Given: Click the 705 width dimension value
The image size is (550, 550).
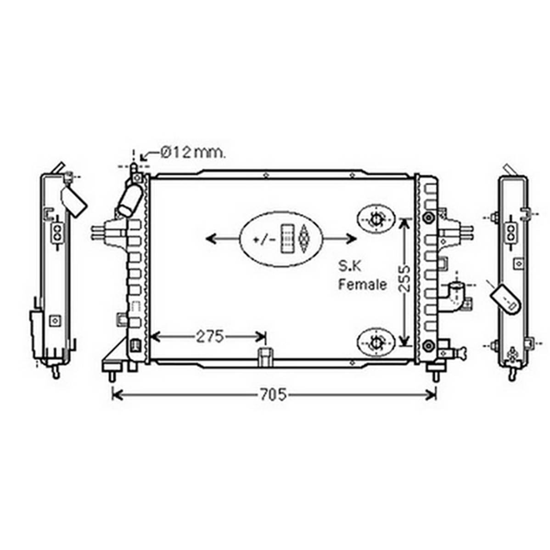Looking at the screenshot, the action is (x=273, y=395).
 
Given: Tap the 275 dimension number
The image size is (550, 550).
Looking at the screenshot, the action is (x=210, y=337).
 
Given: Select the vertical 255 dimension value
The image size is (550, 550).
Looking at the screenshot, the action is (x=405, y=279).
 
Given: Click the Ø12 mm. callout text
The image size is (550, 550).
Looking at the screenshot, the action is (x=193, y=152).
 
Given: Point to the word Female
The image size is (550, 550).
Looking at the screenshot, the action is (x=362, y=285).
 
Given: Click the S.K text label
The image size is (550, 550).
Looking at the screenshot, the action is (x=350, y=266).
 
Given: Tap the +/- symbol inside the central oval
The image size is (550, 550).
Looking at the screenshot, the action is (x=264, y=240).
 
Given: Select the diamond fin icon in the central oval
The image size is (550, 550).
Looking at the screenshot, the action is (x=304, y=239).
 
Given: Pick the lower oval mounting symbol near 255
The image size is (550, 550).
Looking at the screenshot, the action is (x=376, y=342).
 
